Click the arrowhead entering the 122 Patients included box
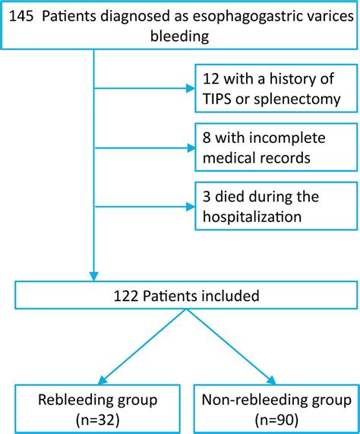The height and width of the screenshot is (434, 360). coord(93,275)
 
